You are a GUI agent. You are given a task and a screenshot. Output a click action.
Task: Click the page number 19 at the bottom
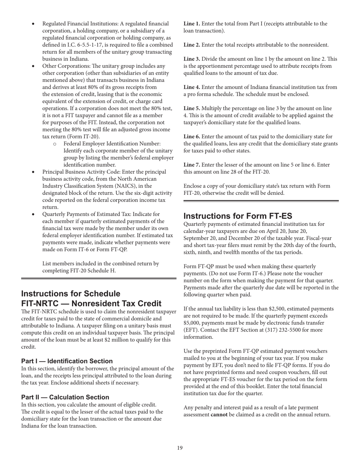[180, 448]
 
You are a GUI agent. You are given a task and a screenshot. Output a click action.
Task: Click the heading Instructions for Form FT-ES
[238, 216]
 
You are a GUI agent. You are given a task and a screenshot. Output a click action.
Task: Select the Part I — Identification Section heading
[67, 361]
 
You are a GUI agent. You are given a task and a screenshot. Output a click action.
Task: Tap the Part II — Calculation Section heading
[65, 397]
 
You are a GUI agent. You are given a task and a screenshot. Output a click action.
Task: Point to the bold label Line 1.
[192, 24]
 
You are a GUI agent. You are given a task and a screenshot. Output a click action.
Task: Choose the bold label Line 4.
[192, 87]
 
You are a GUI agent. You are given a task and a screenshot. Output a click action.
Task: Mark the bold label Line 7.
[192, 165]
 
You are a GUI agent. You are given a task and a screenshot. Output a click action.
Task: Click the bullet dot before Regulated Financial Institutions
[33, 24]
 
